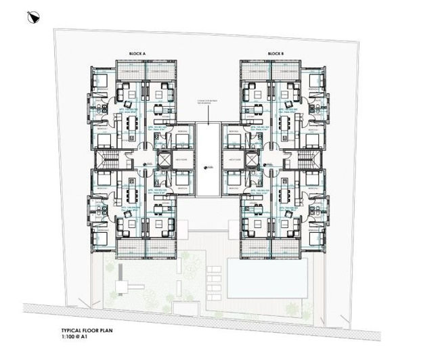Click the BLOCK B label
(x=274, y=53)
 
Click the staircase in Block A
(x=107, y=160)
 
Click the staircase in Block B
(x=306, y=160)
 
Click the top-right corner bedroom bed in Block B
(x=314, y=81)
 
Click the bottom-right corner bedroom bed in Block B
(x=314, y=238)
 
